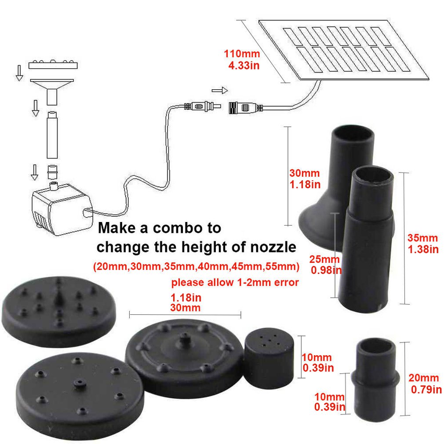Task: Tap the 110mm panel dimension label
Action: (x=242, y=60)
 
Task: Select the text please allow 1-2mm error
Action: (x=235, y=282)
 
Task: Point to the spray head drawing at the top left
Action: (x=53, y=65)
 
